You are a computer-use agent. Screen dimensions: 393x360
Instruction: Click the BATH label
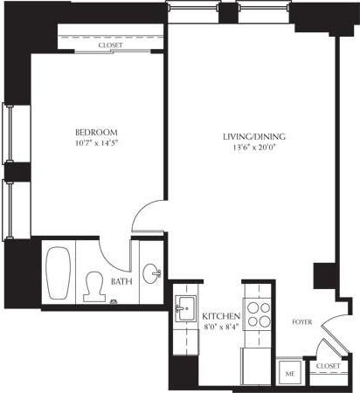121,281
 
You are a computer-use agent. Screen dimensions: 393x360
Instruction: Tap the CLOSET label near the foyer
328,367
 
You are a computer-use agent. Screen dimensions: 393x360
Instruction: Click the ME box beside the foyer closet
289,373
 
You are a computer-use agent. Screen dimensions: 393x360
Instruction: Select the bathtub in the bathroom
59,272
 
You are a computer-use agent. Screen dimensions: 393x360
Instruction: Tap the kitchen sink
185,309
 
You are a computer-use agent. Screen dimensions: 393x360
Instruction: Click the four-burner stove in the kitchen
259,314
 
